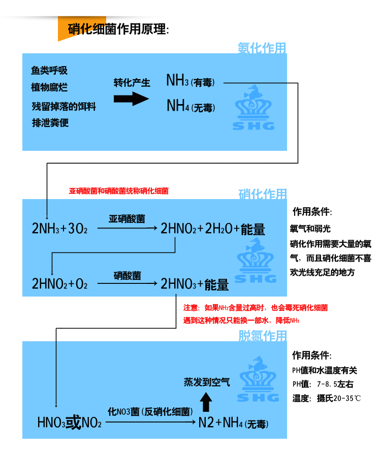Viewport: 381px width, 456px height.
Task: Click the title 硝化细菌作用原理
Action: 117,29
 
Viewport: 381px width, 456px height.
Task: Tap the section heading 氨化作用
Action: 262,48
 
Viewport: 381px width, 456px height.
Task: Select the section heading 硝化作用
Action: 262,194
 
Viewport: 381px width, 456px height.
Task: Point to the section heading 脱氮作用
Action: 262,336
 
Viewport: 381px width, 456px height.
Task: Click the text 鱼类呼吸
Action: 49,71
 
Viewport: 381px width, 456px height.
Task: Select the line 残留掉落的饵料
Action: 63,107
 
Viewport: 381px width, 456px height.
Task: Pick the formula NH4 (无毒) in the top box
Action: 190,107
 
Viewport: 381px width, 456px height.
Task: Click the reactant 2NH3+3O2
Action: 60,229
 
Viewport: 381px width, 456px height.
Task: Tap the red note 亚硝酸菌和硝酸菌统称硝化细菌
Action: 118,191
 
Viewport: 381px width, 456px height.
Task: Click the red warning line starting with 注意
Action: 255,308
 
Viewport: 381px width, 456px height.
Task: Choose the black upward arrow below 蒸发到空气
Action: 206,403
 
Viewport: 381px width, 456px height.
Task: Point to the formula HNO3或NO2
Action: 70,422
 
